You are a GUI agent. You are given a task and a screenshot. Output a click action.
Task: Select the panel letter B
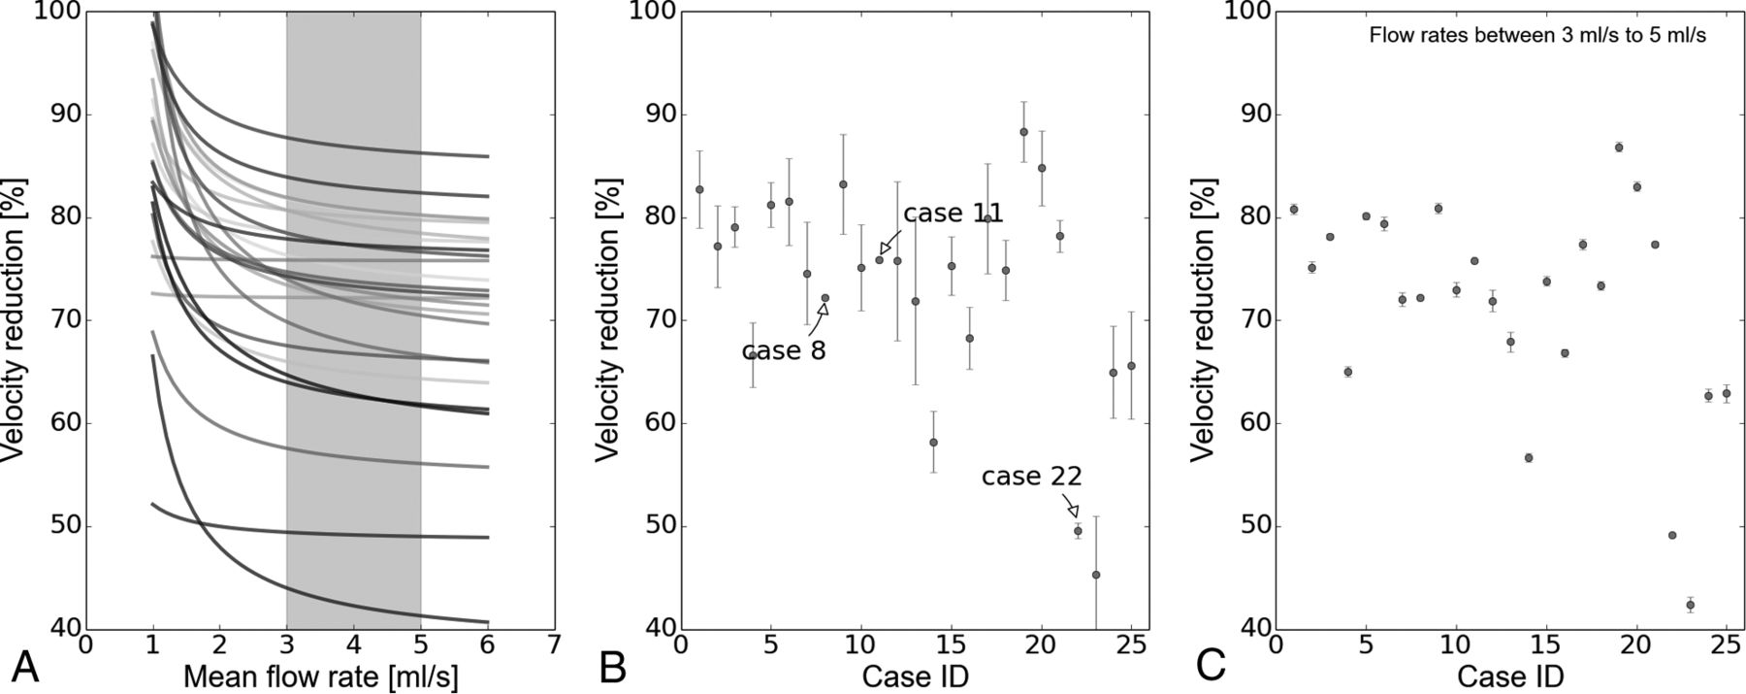click(x=613, y=668)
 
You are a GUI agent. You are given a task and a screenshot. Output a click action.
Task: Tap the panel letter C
click(x=1213, y=668)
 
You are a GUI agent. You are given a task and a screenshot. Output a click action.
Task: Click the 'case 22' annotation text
click(x=1031, y=477)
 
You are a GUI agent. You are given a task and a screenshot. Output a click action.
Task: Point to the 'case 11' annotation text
click(x=953, y=214)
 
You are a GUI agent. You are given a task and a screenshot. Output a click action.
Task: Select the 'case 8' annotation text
click(x=784, y=350)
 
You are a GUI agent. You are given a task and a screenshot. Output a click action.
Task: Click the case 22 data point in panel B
click(x=1078, y=531)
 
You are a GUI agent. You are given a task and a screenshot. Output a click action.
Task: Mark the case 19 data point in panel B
click(x=1023, y=132)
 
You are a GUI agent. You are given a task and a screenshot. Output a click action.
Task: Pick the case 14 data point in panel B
click(x=933, y=443)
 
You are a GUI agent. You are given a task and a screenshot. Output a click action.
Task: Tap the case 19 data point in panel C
click(x=1619, y=148)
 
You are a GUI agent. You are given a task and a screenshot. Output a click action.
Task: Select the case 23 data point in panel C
click(x=1691, y=605)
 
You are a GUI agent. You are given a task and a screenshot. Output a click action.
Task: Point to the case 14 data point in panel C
click(x=1529, y=457)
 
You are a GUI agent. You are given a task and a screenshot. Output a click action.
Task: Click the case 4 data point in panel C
click(x=1348, y=372)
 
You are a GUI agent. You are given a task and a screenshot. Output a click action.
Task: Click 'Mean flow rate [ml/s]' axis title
click(x=320, y=676)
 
